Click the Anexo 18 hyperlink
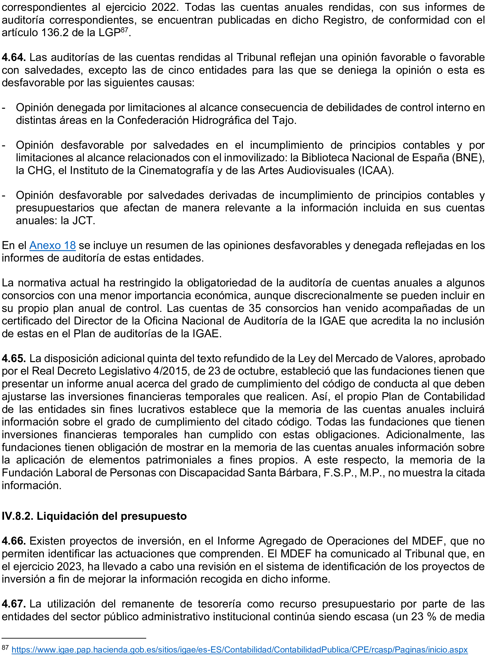53,245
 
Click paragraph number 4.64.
14,57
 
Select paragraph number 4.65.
14,359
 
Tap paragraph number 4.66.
14,541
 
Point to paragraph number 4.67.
14,604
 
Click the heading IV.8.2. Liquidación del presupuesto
94,516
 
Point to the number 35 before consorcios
255,308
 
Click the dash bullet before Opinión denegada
4,108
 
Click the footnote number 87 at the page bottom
5,648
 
